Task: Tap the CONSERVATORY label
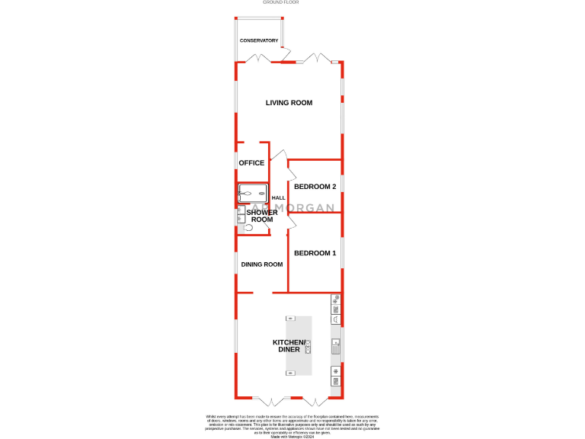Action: [259, 40]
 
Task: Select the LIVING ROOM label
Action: [289, 103]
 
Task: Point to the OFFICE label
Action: [251, 163]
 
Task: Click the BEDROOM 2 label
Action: [315, 187]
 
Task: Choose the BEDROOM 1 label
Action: [315, 253]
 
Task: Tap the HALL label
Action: [280, 198]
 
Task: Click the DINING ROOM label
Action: [262, 264]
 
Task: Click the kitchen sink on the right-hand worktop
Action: [335, 345]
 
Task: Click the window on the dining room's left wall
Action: [236, 263]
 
